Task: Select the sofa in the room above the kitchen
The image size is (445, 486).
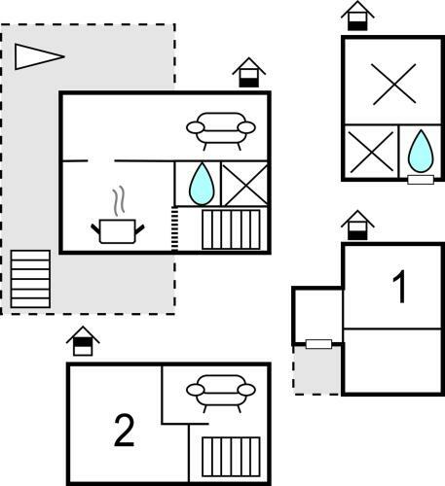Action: pyautogui.click(x=221, y=130)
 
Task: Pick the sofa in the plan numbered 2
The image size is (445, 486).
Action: pyautogui.click(x=221, y=393)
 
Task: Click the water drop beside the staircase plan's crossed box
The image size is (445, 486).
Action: pyautogui.click(x=202, y=184)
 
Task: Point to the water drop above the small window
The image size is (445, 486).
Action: pyautogui.click(x=421, y=151)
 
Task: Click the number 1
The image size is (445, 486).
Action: pyautogui.click(x=400, y=287)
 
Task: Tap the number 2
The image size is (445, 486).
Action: pyautogui.click(x=124, y=430)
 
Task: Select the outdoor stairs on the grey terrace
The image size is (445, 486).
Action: pyautogui.click(x=30, y=279)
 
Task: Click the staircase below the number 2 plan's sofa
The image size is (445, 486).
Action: pyautogui.click(x=231, y=457)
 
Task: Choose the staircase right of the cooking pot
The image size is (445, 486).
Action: pyautogui.click(x=231, y=229)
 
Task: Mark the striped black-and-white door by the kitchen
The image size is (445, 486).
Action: pyautogui.click(x=174, y=229)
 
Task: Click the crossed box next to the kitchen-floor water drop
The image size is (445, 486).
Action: pyautogui.click(x=244, y=184)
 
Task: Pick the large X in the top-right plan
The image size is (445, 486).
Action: pyautogui.click(x=394, y=84)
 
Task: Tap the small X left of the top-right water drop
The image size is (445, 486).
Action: pyautogui.click(x=371, y=152)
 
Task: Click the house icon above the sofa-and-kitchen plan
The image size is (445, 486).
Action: pyautogui.click(x=249, y=73)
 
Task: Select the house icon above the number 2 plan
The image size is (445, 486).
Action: pyautogui.click(x=83, y=341)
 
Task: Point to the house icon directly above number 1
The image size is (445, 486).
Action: pyautogui.click(x=357, y=226)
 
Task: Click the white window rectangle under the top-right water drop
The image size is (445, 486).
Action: pyautogui.click(x=421, y=180)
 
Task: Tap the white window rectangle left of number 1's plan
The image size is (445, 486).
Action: pyautogui.click(x=318, y=344)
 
